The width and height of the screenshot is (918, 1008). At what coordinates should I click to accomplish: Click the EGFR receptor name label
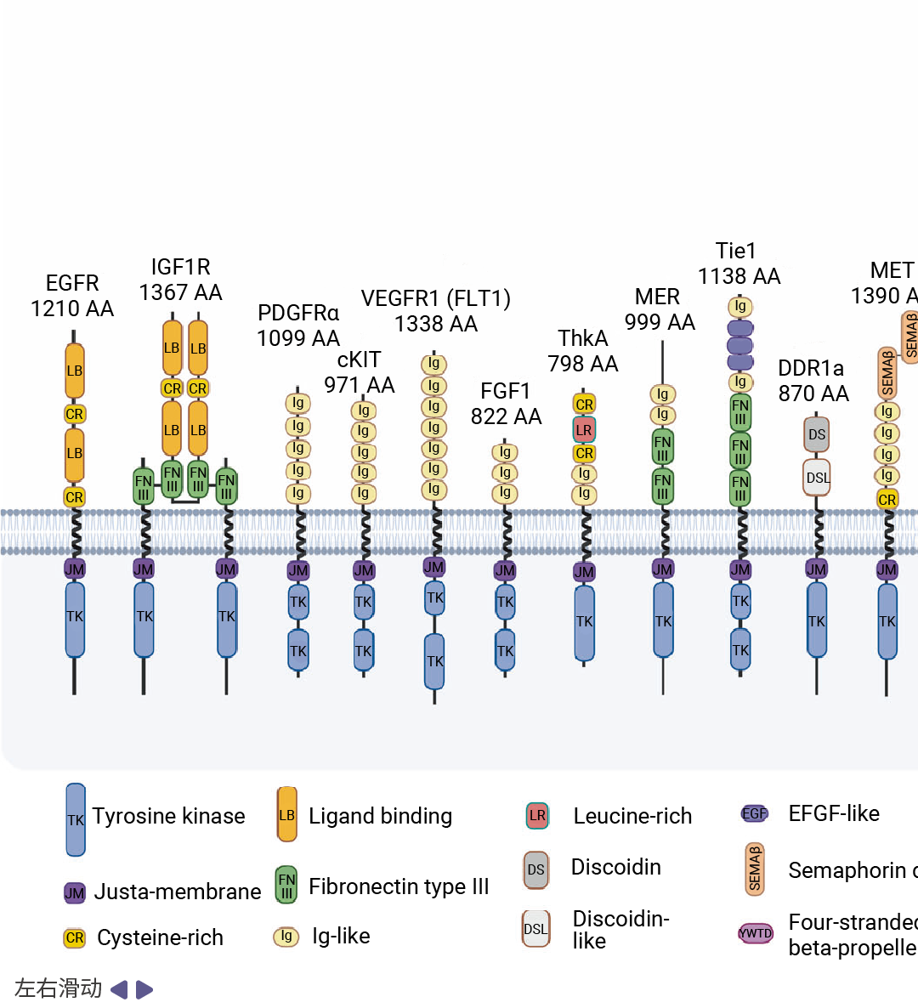pos(72,283)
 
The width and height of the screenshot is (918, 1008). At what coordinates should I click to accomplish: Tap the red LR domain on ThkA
pos(584,430)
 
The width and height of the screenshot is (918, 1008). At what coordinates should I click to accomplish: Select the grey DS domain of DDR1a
pos(817,434)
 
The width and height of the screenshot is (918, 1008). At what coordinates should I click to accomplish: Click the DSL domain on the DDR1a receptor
pos(818,478)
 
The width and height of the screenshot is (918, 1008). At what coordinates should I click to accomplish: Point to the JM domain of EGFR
pos(75,569)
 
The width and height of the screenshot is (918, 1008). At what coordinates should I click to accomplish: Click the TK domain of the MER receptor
pos(663,620)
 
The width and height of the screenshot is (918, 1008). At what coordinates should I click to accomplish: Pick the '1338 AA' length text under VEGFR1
pos(436,324)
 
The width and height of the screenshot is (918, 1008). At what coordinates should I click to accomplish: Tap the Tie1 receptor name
pos(736,251)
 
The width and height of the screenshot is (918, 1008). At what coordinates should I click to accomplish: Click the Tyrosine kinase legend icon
pos(76,819)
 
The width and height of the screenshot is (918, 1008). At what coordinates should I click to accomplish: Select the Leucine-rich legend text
pos(632,816)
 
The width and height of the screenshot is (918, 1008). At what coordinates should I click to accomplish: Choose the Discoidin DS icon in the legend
pos(535,869)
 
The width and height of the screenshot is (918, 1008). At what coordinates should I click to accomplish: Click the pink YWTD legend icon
pos(756,933)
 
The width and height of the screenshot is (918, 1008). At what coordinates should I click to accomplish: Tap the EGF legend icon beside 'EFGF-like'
pos(755,813)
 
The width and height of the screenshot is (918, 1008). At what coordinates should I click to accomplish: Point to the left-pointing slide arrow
pos(119,989)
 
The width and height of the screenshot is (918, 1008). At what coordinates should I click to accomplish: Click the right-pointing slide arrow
pos(144,989)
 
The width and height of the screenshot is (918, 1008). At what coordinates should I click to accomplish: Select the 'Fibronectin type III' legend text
pos(399,886)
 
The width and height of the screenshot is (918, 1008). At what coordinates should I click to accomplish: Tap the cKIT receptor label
pos(359,360)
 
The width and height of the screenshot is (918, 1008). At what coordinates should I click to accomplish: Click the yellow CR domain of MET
pos(887,500)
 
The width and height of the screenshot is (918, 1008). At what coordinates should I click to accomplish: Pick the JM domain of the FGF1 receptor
pos(505,571)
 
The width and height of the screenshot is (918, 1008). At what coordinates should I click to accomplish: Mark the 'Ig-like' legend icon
pos(286,937)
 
